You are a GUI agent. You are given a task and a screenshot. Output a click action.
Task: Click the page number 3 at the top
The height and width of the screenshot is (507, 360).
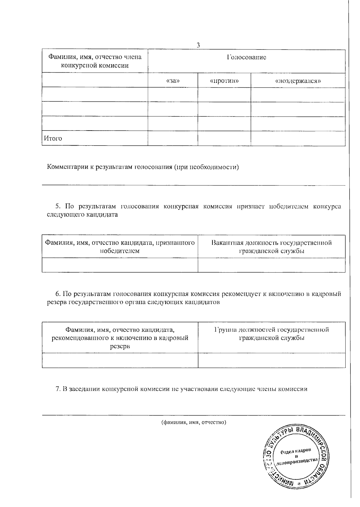click(x=198, y=45)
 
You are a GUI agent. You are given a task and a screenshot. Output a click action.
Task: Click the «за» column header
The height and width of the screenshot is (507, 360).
click(x=172, y=81)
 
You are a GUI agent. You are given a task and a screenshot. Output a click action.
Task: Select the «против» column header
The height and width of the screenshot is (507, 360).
click(x=224, y=81)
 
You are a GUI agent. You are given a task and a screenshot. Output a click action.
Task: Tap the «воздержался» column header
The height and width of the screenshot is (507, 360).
click(x=298, y=81)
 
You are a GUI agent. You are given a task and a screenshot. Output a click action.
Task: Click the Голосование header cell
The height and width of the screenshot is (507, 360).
click(x=246, y=57)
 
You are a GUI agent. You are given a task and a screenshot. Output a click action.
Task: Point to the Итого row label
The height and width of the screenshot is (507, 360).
click(x=53, y=138)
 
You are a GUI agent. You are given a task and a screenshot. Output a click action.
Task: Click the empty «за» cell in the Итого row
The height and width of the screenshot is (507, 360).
click(x=172, y=138)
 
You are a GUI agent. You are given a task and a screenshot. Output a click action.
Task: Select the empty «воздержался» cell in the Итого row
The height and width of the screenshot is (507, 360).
click(x=298, y=138)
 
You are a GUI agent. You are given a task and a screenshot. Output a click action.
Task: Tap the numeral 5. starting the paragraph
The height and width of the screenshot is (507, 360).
click(x=58, y=207)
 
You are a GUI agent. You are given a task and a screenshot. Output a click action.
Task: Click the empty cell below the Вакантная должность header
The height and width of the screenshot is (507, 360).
click(x=271, y=265)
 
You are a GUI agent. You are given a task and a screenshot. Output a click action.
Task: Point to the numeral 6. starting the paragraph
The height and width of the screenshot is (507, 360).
click(x=58, y=294)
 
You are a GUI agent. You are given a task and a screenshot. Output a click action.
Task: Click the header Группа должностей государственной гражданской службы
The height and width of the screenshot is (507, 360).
click(x=271, y=334)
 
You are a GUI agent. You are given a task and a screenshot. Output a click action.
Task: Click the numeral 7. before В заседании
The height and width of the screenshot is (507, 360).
click(x=58, y=389)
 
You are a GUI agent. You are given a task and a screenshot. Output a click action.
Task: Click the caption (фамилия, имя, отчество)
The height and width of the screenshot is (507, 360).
click(x=193, y=423)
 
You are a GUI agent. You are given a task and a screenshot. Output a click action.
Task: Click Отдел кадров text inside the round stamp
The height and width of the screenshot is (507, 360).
click(x=296, y=452)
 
